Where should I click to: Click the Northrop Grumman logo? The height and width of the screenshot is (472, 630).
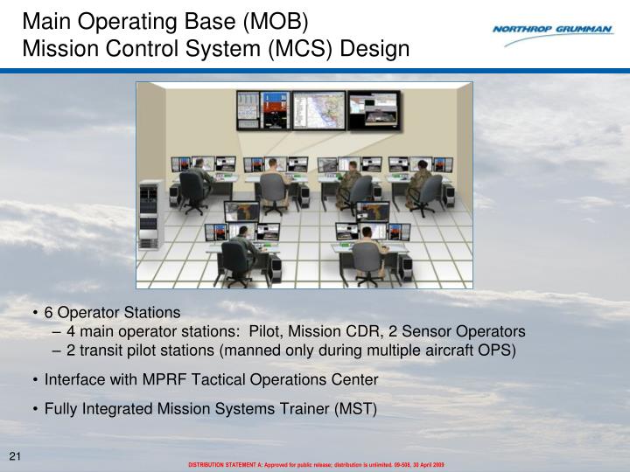[551, 29]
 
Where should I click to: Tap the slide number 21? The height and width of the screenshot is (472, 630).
[15, 456]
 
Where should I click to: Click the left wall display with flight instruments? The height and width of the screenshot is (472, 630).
[257, 112]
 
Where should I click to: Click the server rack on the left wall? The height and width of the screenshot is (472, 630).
[150, 210]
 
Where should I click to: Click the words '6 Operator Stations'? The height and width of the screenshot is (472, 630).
[112, 312]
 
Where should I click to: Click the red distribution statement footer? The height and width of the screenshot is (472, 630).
[317, 465]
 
